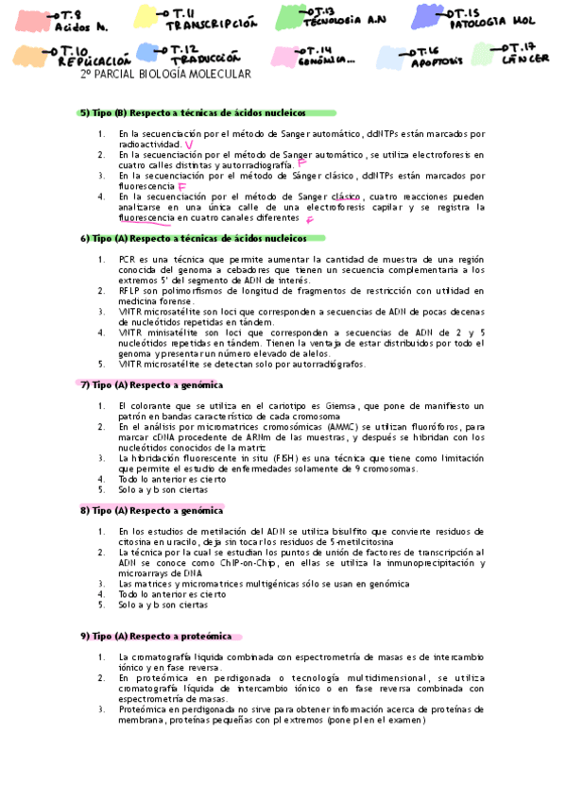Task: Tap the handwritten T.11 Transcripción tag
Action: pos(210,20)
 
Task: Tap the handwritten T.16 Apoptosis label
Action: pos(436,58)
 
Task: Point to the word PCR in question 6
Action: pos(128,258)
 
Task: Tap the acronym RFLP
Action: pos(129,291)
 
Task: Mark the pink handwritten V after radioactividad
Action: pos(191,145)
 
